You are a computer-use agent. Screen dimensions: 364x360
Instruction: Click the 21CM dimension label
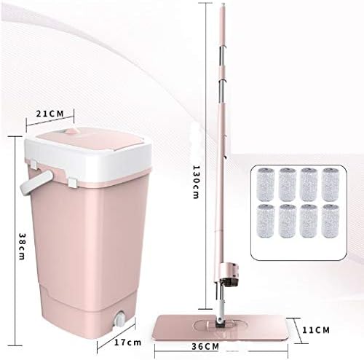click(50, 114)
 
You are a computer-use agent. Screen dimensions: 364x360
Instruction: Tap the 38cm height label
click(22, 246)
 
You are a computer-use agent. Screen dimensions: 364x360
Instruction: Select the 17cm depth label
click(127, 343)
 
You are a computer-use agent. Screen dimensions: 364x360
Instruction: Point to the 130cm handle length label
click(196, 182)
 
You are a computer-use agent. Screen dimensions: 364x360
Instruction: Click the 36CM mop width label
click(205, 346)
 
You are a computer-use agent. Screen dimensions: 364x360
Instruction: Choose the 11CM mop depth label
click(316, 330)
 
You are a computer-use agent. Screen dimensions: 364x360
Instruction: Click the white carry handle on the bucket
click(36, 182)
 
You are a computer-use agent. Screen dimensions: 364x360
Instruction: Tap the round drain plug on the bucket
click(119, 318)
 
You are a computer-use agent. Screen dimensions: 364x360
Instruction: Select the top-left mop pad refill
click(265, 184)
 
